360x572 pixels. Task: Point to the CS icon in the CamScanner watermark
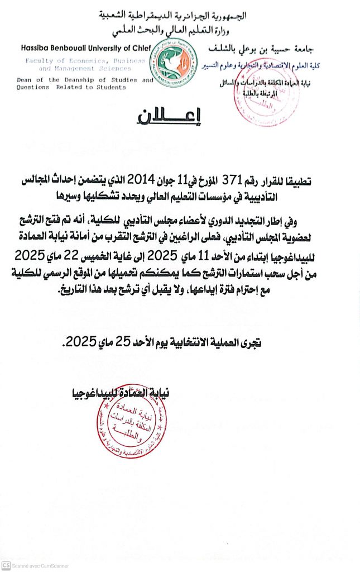tap(6, 565)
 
